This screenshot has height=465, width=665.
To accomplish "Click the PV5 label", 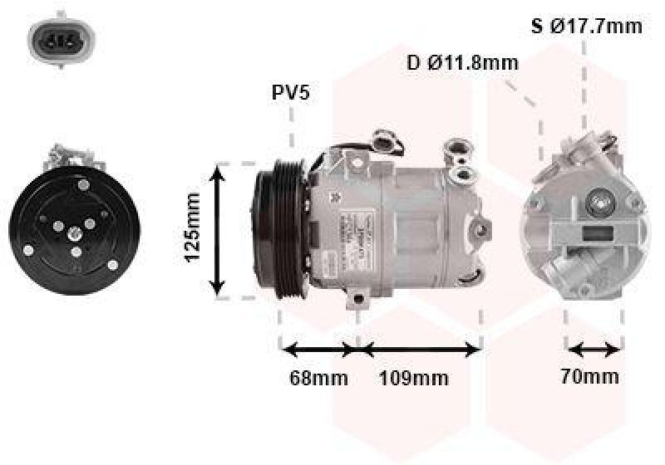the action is (x=291, y=92).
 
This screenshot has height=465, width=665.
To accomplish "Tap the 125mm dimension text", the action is (x=193, y=228).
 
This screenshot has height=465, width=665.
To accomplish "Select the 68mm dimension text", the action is (x=318, y=378).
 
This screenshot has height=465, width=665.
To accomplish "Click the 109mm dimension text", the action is (x=413, y=378).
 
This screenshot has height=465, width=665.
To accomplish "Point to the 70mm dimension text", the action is (x=590, y=376).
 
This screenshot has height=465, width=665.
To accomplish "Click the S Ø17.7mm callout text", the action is (x=587, y=27).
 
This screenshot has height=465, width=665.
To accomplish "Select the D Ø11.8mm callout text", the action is (x=463, y=62).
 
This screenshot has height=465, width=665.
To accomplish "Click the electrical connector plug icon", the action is (x=62, y=40).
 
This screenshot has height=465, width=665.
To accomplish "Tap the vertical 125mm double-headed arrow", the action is (x=218, y=230).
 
